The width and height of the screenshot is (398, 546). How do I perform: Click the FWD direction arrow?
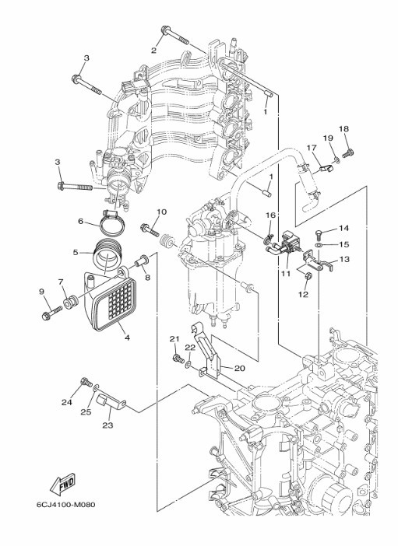[63, 485]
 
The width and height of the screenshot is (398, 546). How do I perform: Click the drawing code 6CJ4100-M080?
[66, 505]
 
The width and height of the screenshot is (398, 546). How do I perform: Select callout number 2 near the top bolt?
[154, 51]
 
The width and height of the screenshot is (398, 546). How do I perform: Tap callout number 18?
[343, 129]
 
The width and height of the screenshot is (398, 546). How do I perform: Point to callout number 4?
[127, 338]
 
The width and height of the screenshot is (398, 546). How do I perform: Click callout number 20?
[240, 368]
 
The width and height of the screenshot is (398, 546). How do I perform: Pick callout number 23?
[107, 425]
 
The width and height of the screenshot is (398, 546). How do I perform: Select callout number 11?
[286, 274]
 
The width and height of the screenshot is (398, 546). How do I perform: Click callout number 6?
[80, 221]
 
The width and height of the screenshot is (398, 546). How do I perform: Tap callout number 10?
[161, 212]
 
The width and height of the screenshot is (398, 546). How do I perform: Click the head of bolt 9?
[46, 316]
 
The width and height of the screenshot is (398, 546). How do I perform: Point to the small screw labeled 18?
[348, 153]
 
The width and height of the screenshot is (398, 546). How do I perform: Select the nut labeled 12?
[308, 277]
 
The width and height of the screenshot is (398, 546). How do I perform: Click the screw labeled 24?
[86, 382]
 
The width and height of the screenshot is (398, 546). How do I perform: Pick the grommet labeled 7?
[69, 302]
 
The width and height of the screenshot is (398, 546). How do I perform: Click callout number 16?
[271, 215]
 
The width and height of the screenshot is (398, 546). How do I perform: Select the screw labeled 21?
[179, 359]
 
